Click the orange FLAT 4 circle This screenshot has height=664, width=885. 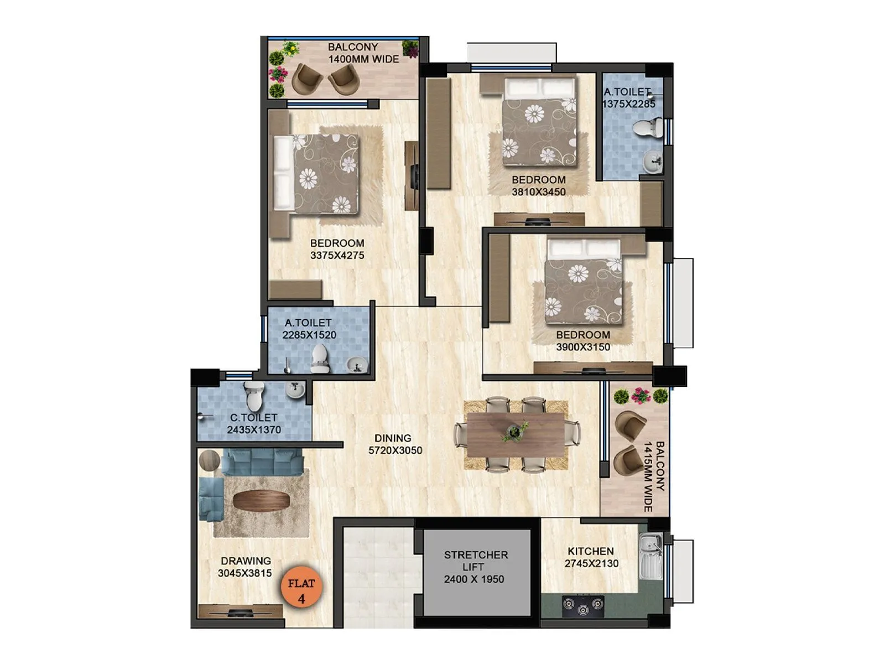301,590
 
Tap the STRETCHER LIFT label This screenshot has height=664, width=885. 476,561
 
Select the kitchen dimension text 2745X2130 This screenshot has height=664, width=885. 591,564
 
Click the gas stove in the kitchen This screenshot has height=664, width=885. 582,606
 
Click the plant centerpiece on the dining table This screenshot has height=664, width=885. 516,432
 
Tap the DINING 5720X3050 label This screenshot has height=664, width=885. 395,444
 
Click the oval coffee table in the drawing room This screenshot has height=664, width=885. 261,501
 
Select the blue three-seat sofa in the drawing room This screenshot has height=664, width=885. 263,461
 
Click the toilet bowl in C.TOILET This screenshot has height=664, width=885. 254,396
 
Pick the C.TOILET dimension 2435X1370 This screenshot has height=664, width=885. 254,430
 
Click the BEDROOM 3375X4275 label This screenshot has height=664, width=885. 337,249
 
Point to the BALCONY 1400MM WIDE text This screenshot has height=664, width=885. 363,53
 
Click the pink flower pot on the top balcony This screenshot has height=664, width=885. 278,73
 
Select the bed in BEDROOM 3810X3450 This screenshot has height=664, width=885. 539,122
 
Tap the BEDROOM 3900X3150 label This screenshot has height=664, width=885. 583,341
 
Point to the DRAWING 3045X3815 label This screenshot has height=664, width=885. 245,567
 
